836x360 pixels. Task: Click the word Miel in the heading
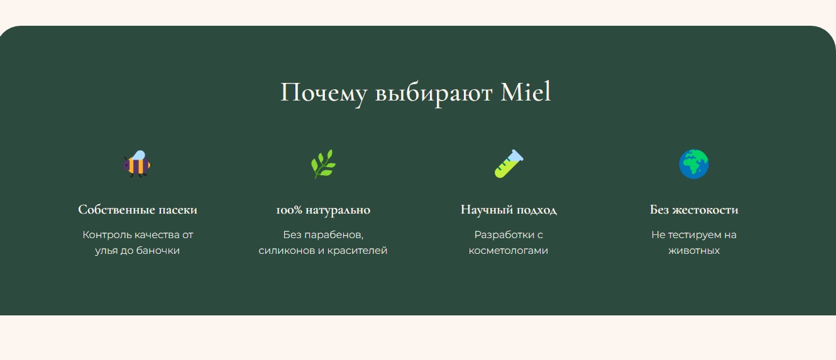(x=525, y=92)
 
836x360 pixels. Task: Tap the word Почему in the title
(x=324, y=92)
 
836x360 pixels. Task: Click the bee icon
(x=137, y=164)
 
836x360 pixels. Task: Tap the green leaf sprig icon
(x=323, y=164)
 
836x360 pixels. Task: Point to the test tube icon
(x=509, y=164)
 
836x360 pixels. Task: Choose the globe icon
(x=694, y=164)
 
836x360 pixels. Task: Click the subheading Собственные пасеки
(x=138, y=210)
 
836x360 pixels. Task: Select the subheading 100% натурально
(x=323, y=210)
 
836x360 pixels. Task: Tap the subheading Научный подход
(x=509, y=210)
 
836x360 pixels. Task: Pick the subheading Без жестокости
(x=694, y=210)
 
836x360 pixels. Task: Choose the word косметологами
(x=509, y=251)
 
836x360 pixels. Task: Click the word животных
(x=694, y=251)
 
